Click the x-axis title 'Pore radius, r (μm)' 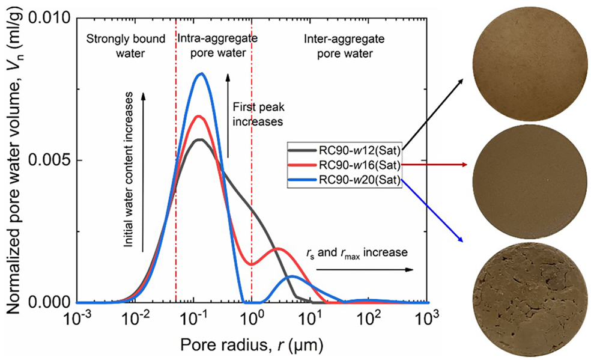tap(252, 344)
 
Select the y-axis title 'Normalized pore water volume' tap(17, 160)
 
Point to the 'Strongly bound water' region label tap(126, 46)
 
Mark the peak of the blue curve tap(202, 74)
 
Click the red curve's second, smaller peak tap(277, 248)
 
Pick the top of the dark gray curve tap(200, 139)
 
